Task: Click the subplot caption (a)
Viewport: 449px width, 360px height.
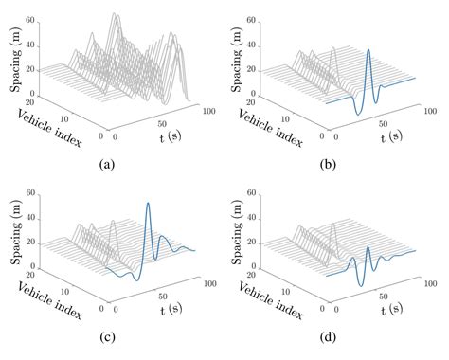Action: pos(106,164)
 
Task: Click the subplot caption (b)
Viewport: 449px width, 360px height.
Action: pos(336,164)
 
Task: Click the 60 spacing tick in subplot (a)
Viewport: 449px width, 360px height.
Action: pos(30,19)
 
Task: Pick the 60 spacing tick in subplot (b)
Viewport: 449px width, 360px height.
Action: pos(260,19)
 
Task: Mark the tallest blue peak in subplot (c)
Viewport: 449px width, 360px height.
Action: pos(148,203)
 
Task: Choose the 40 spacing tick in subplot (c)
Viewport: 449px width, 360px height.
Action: pos(30,224)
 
